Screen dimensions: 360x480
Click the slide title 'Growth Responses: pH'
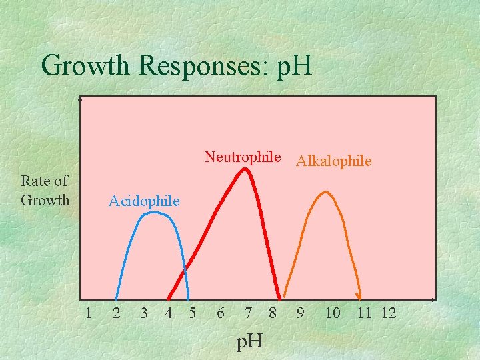176,65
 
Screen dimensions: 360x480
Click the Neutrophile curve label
243,157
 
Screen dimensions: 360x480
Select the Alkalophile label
333,161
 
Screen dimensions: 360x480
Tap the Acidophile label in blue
144,201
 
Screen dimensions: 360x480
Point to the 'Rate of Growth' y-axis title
45,190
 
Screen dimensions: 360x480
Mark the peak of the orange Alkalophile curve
325,193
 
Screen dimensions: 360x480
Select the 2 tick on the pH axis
116,313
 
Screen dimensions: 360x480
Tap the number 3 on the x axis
144,313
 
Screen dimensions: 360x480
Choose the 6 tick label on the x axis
220,313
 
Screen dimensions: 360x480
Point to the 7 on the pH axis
248,313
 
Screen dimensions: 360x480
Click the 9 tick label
301,313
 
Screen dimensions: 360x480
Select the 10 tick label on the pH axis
332,313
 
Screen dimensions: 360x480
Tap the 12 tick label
389,313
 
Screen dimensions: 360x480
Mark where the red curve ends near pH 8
279,297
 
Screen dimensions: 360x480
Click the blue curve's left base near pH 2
117,297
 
